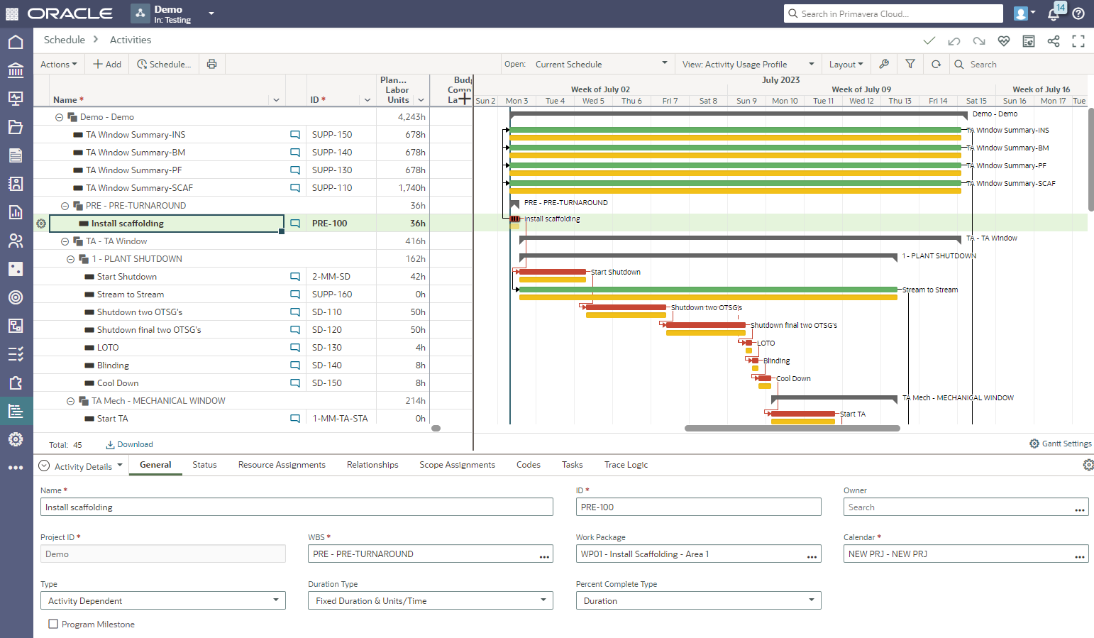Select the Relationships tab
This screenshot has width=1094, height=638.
372,465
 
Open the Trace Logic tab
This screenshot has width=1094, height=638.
626,465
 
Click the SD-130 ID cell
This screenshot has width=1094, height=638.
327,348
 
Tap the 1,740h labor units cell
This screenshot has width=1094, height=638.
411,188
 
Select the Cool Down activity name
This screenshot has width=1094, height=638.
118,383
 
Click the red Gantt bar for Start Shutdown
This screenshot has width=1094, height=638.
552,272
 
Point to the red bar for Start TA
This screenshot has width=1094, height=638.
802,414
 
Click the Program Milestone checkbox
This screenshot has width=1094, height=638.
53,625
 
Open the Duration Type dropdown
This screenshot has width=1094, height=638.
430,601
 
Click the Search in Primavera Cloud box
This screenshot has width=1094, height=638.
894,13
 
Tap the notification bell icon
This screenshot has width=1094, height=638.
1054,13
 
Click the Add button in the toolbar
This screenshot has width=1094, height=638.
107,65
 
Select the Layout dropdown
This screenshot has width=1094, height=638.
846,65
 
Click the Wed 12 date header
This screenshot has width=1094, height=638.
861,101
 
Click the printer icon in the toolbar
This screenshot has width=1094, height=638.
211,65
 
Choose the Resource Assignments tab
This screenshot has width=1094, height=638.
282,465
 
